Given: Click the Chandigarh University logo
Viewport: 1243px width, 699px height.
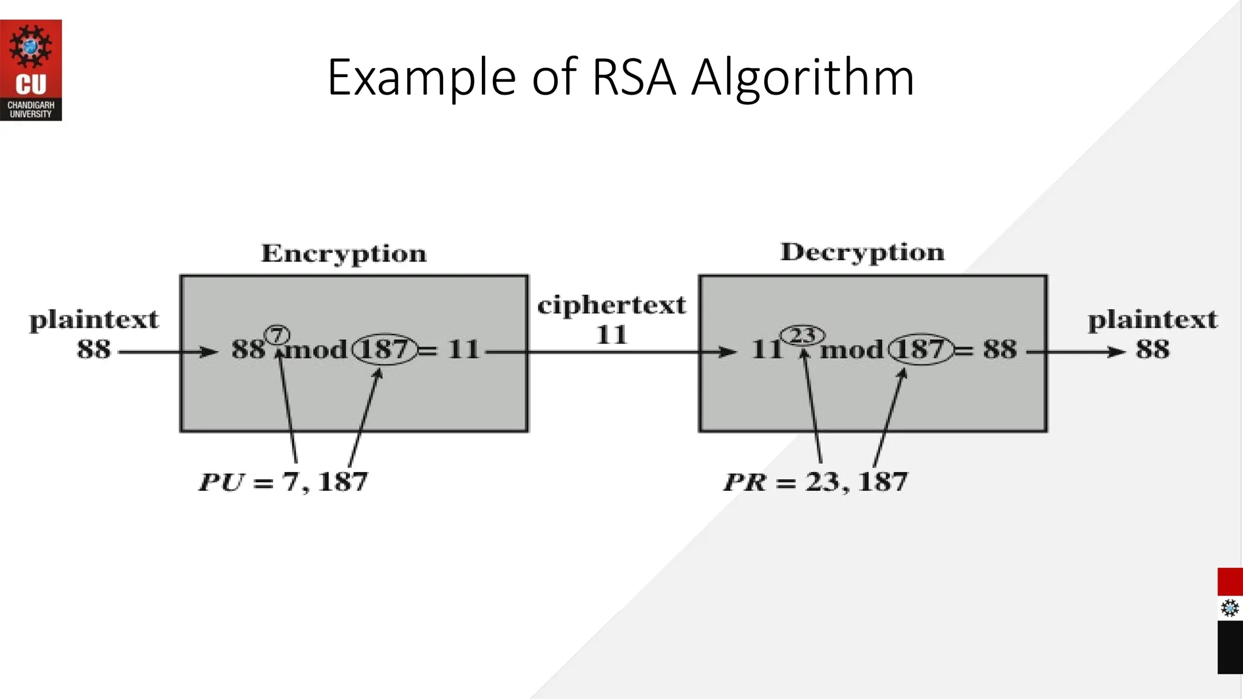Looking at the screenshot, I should pos(30,70).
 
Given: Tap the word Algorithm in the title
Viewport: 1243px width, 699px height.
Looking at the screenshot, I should pos(802,78).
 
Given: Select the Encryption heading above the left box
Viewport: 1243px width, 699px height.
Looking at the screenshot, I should pos(344,254).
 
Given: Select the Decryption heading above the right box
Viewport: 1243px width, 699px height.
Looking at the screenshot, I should pos(862,252).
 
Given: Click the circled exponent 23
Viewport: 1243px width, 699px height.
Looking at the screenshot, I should pos(802,335).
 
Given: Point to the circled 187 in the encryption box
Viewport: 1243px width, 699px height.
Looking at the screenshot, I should pos(385,349).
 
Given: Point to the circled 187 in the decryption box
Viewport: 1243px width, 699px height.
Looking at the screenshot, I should pos(920,349).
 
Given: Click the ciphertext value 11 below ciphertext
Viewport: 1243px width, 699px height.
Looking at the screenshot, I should pos(611,335).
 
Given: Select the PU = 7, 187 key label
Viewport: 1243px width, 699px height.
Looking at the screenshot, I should pos(283,482).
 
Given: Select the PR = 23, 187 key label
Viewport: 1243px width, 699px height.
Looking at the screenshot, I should pos(815,482).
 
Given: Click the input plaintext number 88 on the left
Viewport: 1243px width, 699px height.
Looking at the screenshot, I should pos(94,349).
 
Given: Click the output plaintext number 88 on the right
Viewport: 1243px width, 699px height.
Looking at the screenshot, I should pos(1152,349).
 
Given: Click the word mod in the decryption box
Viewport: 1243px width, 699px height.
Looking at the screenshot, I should pos(852,349).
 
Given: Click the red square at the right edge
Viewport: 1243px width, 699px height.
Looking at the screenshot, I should pos(1230,582).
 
